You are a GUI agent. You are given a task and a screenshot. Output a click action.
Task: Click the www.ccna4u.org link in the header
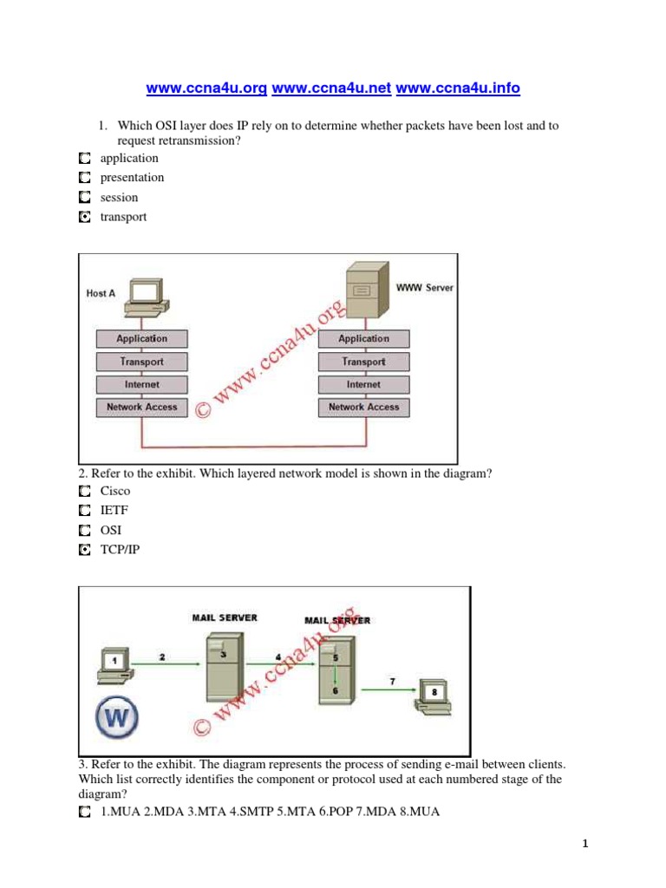point(207,88)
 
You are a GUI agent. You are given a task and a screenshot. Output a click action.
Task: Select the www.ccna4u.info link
point(459,88)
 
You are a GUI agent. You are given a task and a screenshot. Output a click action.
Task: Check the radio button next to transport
point(83,218)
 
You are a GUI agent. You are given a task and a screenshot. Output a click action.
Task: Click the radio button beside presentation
point(83,178)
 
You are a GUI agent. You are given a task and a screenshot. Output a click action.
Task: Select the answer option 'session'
point(119,198)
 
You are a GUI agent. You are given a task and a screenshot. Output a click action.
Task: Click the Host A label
point(101,293)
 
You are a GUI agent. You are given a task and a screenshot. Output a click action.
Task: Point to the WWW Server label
point(424,287)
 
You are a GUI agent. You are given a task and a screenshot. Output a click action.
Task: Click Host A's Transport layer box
point(141,362)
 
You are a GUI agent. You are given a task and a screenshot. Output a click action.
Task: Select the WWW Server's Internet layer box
point(363,384)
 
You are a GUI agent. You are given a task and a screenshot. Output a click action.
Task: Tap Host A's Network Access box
point(141,407)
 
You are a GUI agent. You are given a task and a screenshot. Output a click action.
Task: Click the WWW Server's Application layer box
point(363,339)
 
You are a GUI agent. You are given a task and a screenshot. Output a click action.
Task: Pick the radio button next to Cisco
point(83,491)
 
